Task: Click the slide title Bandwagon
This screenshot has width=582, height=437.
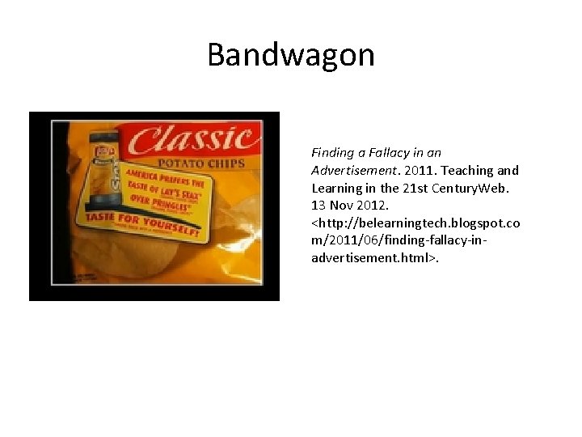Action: pyautogui.click(x=291, y=55)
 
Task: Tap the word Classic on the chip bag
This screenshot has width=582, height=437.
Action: pyautogui.click(x=194, y=140)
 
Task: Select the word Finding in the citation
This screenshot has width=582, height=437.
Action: pyautogui.click(x=332, y=152)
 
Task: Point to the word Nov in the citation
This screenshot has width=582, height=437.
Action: pyautogui.click(x=340, y=206)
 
